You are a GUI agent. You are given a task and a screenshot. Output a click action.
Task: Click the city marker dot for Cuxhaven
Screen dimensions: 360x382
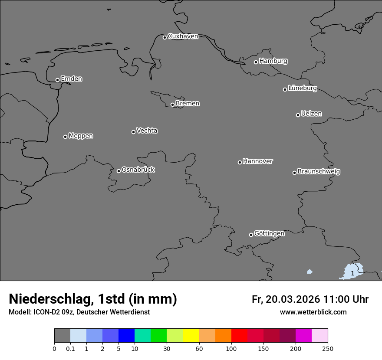pos(165,37)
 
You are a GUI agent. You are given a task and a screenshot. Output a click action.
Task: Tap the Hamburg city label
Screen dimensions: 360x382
pos(273,61)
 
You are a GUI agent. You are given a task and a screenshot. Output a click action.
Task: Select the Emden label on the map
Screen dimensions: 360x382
pos(71,79)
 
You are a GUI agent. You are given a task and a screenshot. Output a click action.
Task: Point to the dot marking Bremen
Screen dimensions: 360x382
pos(172,105)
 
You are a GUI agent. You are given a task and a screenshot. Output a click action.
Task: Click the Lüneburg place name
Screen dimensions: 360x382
pos(302,88)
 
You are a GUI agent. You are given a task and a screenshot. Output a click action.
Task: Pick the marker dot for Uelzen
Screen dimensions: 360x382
pos(298,115)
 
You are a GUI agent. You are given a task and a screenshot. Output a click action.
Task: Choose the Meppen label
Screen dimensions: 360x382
pos(81,136)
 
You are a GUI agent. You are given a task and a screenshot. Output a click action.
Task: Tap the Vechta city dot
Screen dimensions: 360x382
pos(133,132)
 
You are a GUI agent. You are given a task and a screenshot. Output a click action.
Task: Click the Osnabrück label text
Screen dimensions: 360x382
pos(138,170)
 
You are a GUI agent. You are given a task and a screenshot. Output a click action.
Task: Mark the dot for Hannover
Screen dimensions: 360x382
pos(240,162)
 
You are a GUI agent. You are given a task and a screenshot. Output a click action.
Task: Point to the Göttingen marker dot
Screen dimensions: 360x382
pos(251,235)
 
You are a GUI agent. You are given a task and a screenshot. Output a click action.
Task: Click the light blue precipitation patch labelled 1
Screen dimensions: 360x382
pos(352,272)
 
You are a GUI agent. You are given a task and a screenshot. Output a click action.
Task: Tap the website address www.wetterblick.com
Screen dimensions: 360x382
pos(313,312)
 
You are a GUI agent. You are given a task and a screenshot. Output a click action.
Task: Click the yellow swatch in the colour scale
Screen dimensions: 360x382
pos(191,336)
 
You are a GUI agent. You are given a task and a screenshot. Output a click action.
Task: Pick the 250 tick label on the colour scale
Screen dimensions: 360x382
pos(328,349)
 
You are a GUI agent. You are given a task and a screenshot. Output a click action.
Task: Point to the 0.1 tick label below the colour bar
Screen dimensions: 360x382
pos(70,349)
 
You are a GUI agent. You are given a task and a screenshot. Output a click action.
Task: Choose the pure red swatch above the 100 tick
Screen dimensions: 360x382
pos(239,336)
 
